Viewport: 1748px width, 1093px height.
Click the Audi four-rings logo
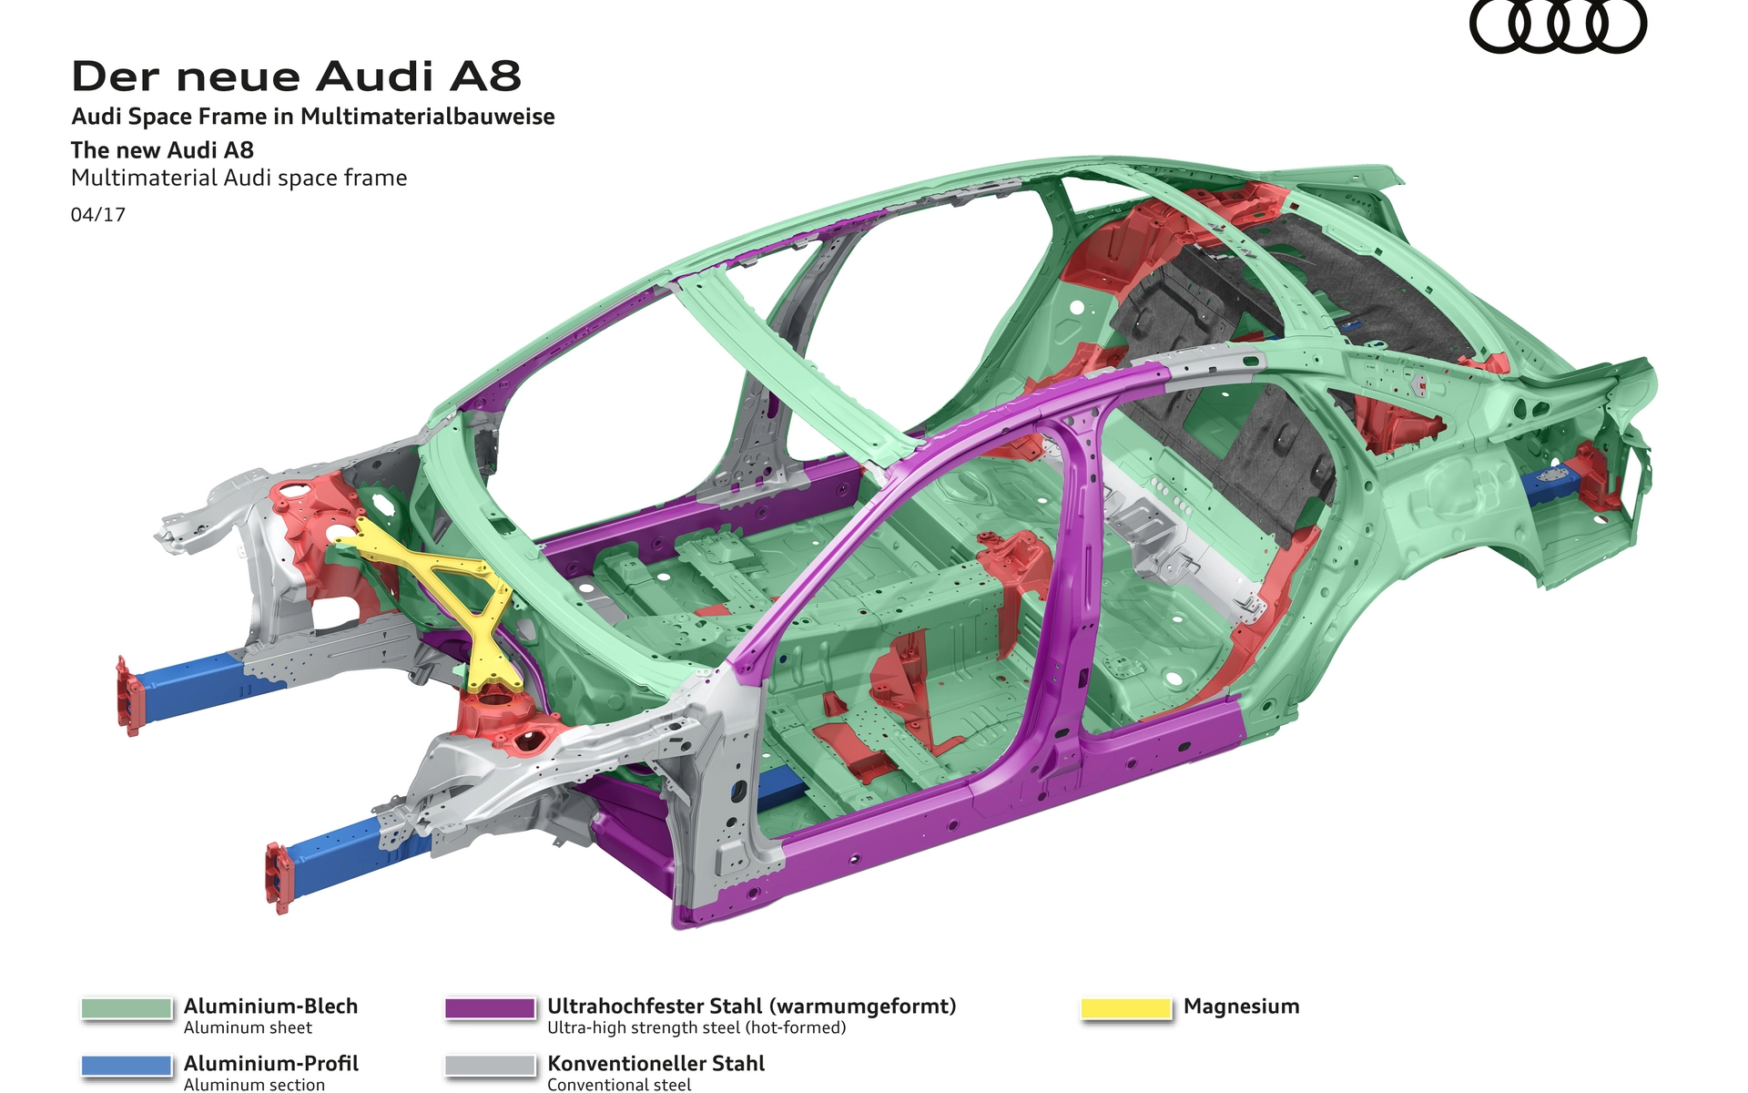point(1558,26)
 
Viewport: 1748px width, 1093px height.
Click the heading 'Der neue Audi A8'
point(297,77)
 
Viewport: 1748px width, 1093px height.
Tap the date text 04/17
point(98,215)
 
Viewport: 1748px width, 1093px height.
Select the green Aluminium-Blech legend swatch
point(127,1008)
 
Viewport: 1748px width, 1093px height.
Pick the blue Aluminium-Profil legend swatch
point(127,1066)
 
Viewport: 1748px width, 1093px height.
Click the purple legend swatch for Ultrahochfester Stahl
point(490,1008)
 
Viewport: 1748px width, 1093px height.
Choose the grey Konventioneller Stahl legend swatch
point(490,1066)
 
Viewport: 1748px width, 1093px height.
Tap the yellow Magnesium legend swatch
point(1125,1008)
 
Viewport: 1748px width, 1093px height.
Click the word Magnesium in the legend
point(1242,1006)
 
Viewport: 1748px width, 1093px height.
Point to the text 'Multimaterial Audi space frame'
point(239,178)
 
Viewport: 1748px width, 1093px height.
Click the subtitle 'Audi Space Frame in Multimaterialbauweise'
point(313,117)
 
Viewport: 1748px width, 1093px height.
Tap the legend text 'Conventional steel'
point(619,1084)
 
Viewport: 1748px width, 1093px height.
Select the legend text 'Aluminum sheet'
point(248,1027)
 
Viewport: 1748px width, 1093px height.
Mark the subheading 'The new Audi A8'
point(162,150)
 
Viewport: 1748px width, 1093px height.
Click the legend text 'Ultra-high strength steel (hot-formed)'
point(696,1027)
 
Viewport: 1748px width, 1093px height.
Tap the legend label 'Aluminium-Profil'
point(271,1063)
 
